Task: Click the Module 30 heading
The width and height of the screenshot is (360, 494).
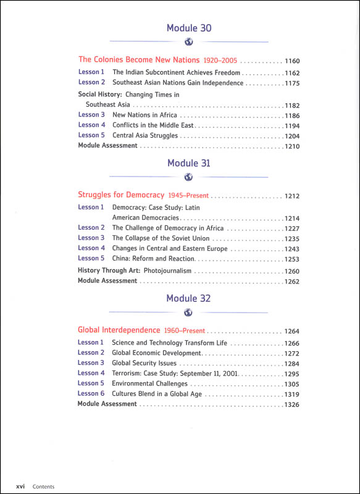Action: [189, 28]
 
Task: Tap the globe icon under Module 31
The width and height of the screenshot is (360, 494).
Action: [189, 177]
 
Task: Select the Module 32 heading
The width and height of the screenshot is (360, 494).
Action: [189, 298]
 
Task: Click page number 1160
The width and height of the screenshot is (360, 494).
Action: [292, 61]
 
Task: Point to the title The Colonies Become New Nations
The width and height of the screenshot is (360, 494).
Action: [139, 60]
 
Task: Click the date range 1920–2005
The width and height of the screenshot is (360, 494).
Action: [220, 61]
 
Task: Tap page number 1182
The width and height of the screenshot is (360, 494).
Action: [292, 106]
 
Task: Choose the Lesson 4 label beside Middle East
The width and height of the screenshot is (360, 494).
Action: [91, 125]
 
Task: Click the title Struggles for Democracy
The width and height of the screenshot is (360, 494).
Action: [121, 195]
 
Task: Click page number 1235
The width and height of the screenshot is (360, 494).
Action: [292, 238]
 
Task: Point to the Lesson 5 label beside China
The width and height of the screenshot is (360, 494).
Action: [91, 258]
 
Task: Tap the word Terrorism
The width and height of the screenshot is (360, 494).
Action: [129, 373]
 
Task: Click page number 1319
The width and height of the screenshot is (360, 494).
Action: [292, 394]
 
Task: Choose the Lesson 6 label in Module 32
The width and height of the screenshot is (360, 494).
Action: [91, 393]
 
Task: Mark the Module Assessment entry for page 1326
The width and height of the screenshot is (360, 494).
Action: [107, 404]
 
